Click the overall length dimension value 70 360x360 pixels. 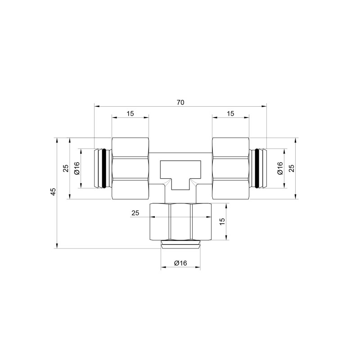pos(180,103)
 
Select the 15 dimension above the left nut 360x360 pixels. pos(130,113)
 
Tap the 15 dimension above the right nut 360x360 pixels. pos(230,113)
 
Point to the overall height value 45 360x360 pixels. pos(53,192)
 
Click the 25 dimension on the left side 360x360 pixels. pos(66,168)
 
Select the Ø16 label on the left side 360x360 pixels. pos(76,168)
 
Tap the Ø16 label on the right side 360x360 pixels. pos(280,168)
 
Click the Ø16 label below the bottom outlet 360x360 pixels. pos(180,263)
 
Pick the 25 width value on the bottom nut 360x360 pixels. pos(135,213)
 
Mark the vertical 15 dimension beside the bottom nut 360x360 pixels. pos(222,222)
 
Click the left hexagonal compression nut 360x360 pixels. pos(130,168)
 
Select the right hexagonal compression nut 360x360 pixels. pos(230,168)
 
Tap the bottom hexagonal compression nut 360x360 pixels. pos(180,222)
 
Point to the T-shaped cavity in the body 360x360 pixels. pos(180,173)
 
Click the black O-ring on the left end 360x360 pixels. pos(105,168)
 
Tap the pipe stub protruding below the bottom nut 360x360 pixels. pos(180,245)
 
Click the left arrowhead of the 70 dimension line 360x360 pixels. pos(96,107)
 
